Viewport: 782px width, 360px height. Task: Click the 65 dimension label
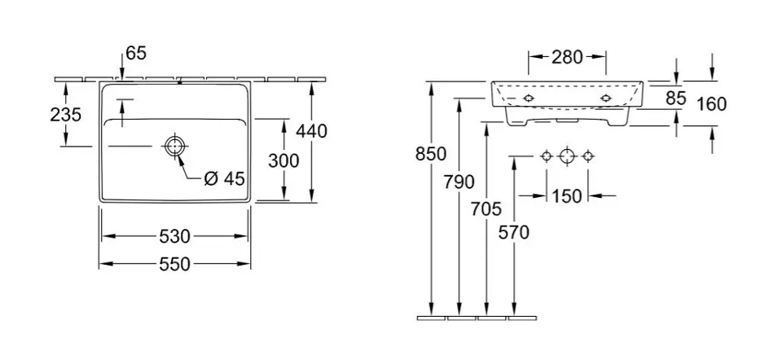point(136,53)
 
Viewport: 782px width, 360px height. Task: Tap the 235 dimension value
point(65,115)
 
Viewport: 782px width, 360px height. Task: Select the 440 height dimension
point(312,131)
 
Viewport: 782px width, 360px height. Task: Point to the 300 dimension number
point(283,160)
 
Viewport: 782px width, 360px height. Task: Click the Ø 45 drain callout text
point(225,178)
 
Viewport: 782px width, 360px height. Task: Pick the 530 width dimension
point(174,236)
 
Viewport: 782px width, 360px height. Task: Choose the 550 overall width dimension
point(174,264)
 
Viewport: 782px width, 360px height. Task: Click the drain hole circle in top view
point(174,146)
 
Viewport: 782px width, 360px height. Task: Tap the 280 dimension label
point(567,57)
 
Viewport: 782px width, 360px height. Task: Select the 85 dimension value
point(676,99)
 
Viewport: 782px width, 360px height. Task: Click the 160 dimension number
point(712,104)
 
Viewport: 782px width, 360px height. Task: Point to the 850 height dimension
point(431,154)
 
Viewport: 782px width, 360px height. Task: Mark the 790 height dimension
point(459,182)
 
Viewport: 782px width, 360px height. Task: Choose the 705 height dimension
point(486,209)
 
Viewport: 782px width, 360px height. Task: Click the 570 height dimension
point(514,232)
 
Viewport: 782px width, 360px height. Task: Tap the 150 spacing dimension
point(567,196)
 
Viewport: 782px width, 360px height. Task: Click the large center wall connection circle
point(568,156)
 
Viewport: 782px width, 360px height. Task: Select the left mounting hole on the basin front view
point(529,99)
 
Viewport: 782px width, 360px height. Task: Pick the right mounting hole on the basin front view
point(606,99)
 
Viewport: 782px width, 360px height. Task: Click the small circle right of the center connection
point(588,156)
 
